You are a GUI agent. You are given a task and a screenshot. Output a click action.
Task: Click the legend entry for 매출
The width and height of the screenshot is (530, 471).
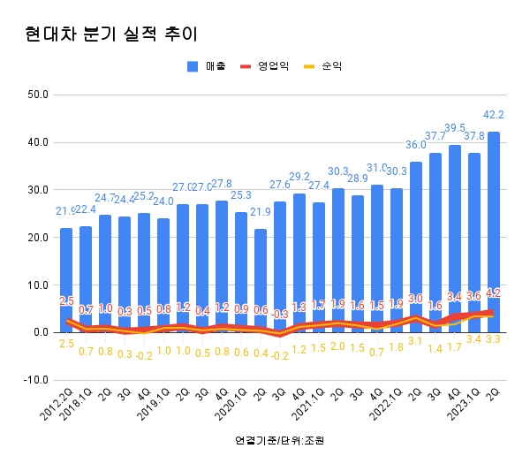(208, 66)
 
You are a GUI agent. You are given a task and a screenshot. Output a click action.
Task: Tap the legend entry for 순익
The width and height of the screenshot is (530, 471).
(323, 66)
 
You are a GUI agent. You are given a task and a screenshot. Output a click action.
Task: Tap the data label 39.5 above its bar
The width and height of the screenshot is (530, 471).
(455, 128)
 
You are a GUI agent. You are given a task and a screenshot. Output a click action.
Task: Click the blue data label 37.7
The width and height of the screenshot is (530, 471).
(435, 136)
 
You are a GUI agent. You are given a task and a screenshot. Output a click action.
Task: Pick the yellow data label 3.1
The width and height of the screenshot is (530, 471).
(416, 341)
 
